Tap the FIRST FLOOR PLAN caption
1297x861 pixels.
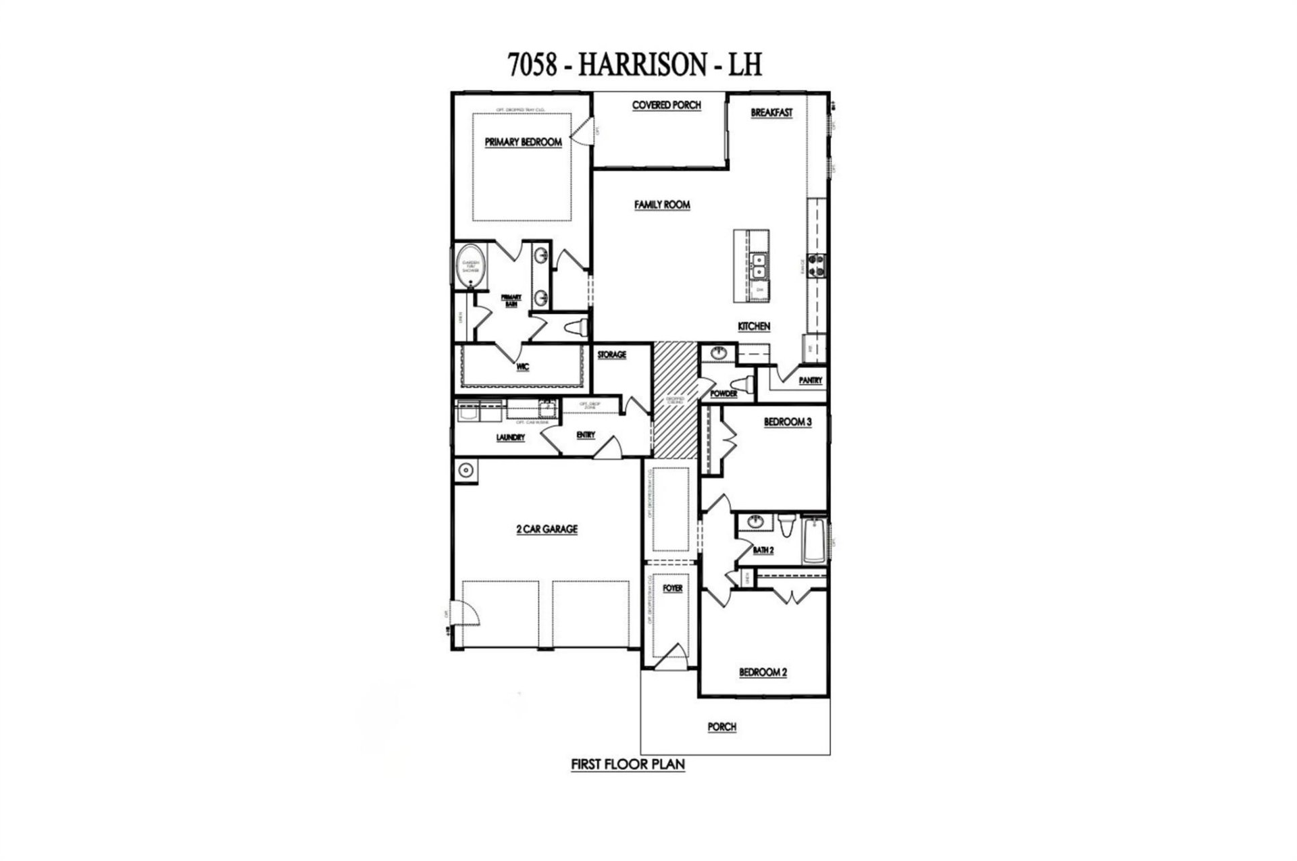pyautogui.click(x=628, y=764)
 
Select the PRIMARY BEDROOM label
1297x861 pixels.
pyautogui.click(x=523, y=142)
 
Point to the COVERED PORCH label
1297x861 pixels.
pyautogui.click(x=666, y=105)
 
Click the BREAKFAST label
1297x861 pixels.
pyautogui.click(x=771, y=113)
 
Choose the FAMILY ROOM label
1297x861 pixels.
pyautogui.click(x=662, y=205)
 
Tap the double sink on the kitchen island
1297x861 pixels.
pyautogui.click(x=759, y=265)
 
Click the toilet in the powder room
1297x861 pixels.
pyautogui.click(x=747, y=384)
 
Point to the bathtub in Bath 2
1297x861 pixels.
pyautogui.click(x=815, y=540)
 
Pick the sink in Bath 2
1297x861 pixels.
pyautogui.click(x=756, y=521)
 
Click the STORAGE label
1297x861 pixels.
pyautogui.click(x=611, y=355)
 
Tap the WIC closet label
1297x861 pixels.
pyautogui.click(x=522, y=367)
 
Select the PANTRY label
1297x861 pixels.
pyautogui.click(x=810, y=381)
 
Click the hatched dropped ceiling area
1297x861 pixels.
pyautogui.click(x=674, y=398)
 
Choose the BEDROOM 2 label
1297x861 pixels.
pyautogui.click(x=763, y=672)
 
